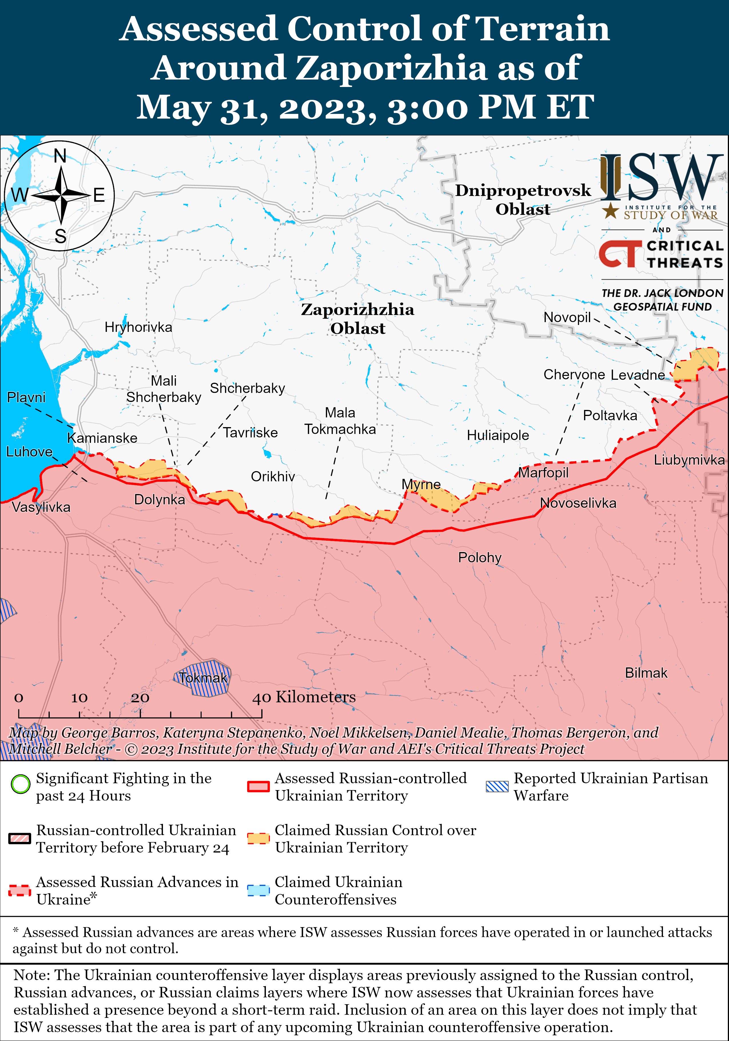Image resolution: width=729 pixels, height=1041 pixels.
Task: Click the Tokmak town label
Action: click(202, 678)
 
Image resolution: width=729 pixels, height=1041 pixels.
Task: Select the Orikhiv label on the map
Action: click(273, 477)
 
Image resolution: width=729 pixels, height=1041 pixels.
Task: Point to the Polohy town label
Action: click(479, 557)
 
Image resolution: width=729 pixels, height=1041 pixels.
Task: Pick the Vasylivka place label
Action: click(41, 507)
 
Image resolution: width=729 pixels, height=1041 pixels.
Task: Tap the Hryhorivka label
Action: click(138, 327)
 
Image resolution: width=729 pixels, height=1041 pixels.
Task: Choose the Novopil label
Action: click(567, 317)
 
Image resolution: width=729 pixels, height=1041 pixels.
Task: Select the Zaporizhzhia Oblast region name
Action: click(357, 319)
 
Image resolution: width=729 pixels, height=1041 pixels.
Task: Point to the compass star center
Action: click(61, 195)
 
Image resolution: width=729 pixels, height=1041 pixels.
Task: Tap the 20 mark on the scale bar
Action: click(140, 698)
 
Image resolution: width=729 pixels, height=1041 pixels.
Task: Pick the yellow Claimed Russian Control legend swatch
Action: click(258, 838)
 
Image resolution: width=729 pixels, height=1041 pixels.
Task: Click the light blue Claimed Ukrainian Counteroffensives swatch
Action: click(258, 890)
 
